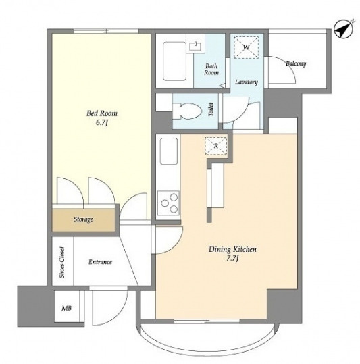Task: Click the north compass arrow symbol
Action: click(x=343, y=30)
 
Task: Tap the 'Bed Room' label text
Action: click(x=102, y=113)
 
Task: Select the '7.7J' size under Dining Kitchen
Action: click(x=232, y=259)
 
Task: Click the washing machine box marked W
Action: click(x=246, y=47)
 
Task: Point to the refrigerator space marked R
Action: click(x=216, y=146)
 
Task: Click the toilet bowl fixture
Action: click(x=187, y=111)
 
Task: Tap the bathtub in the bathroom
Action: click(x=174, y=61)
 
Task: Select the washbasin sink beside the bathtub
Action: click(x=197, y=47)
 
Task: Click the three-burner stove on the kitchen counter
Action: click(x=168, y=203)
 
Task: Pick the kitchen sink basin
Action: click(x=169, y=151)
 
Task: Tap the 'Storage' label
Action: click(x=83, y=219)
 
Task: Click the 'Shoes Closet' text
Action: click(x=62, y=262)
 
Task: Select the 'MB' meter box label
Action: click(x=66, y=308)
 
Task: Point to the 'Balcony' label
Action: click(x=296, y=63)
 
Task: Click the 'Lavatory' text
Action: click(x=247, y=82)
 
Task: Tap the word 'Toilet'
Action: click(x=211, y=109)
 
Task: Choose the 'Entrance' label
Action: click(x=100, y=262)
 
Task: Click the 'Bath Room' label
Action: click(x=211, y=70)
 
